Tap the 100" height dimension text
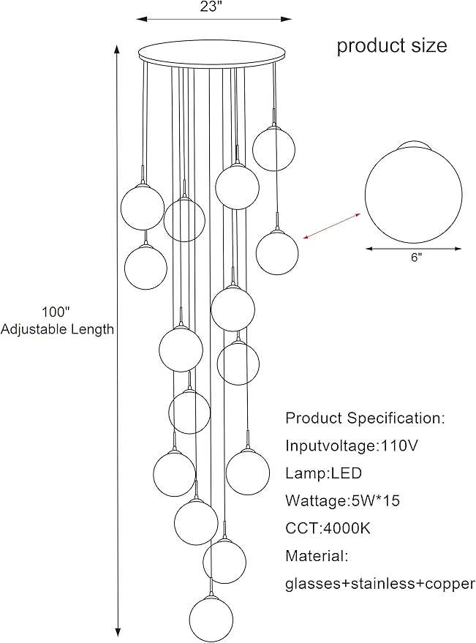tap(58, 312)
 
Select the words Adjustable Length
tap(58, 329)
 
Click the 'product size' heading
tap(392, 45)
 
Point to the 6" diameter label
tap(415, 258)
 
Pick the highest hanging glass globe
tap(273, 148)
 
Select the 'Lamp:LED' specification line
tap(324, 473)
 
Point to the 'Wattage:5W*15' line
tap(342, 501)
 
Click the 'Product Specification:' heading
tap(364, 418)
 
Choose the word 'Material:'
tap(317, 556)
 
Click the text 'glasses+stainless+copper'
tap(379, 584)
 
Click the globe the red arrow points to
tap(277, 252)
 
